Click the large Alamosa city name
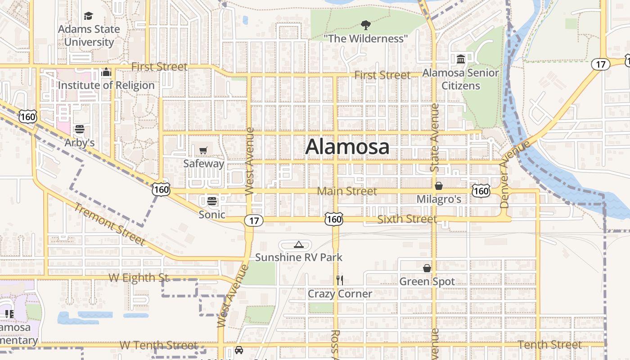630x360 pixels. (x=347, y=147)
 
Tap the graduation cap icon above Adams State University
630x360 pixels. (x=88, y=16)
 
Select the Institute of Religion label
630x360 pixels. (x=106, y=85)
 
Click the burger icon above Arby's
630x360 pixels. (x=80, y=130)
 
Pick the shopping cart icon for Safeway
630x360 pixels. (x=203, y=150)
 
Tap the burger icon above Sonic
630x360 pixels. (x=212, y=201)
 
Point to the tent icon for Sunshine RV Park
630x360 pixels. (x=298, y=244)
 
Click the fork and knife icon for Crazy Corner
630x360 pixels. (x=340, y=280)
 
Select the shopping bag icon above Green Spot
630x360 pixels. (x=427, y=268)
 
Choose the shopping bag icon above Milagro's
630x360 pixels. (x=439, y=186)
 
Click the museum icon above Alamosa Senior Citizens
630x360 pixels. (x=461, y=59)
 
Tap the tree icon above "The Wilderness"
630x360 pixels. (x=366, y=25)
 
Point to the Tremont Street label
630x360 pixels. (x=109, y=225)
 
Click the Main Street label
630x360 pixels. (x=347, y=191)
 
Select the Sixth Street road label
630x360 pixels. (x=407, y=219)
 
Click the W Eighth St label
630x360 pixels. (x=139, y=278)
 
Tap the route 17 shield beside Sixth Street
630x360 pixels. (x=254, y=220)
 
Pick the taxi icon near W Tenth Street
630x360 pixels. (x=239, y=350)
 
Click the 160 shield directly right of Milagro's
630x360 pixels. (x=481, y=191)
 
